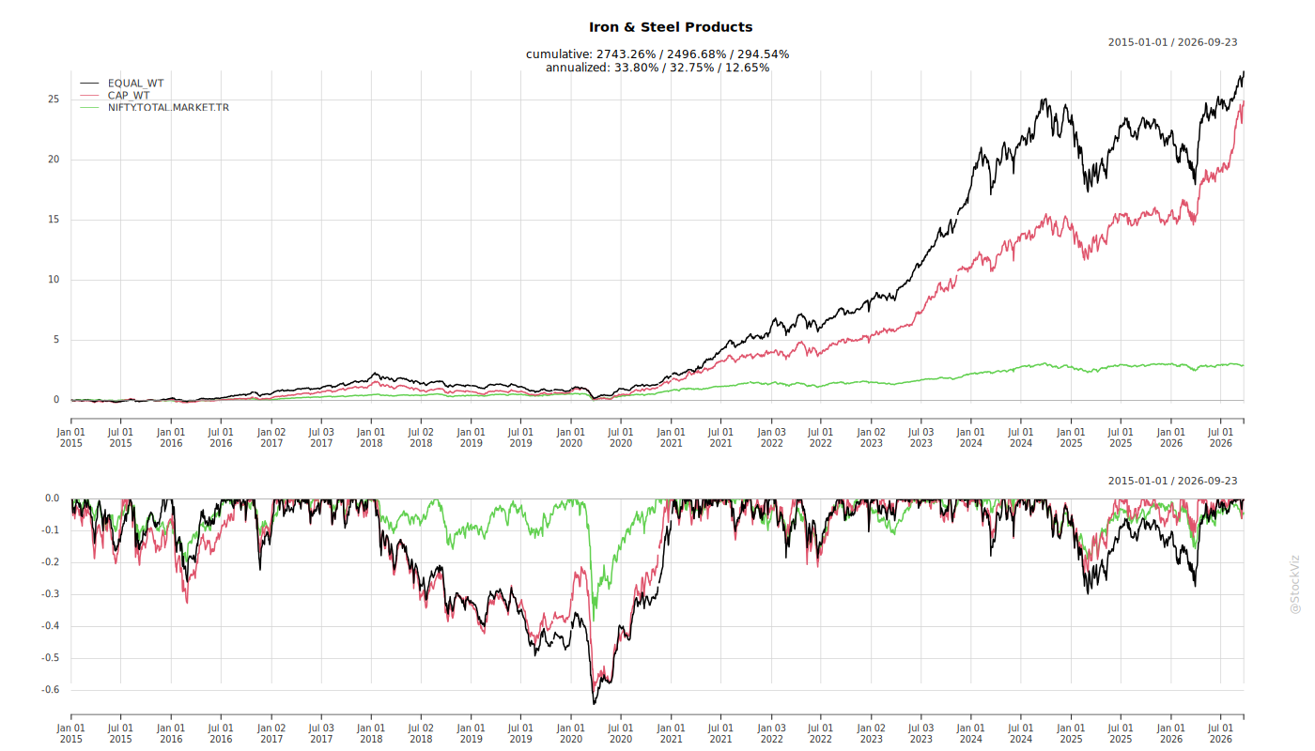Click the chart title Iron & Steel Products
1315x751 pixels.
point(671,27)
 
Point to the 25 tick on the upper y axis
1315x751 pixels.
point(54,100)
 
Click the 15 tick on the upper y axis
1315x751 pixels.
point(54,220)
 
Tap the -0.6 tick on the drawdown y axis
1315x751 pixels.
point(50,690)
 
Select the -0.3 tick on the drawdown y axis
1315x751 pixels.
point(50,594)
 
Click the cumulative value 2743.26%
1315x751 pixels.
point(626,54)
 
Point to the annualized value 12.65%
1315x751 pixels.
point(746,68)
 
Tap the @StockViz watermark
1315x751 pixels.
point(1295,584)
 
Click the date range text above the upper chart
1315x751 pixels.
point(1172,43)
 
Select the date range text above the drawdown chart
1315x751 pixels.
point(1172,481)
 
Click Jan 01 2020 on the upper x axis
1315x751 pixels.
point(571,437)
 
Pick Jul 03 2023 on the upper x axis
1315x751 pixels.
point(921,437)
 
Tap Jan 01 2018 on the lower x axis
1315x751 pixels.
point(371,733)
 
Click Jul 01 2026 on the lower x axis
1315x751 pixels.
point(1220,733)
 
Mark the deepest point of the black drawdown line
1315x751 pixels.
point(594,703)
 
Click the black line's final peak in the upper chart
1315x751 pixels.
point(1244,72)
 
